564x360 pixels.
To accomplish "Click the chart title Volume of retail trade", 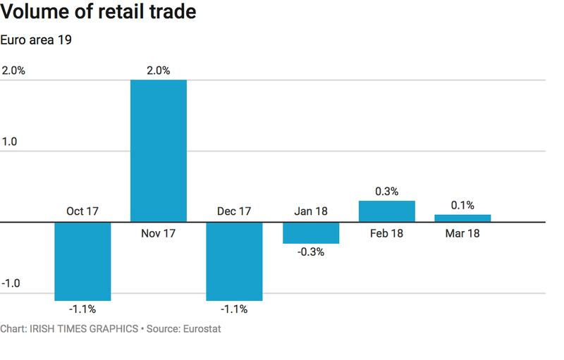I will (99, 12).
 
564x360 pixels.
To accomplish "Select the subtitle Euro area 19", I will (37, 39).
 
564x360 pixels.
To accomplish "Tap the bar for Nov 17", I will (159, 151).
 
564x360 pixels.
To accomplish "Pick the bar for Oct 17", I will (82, 261).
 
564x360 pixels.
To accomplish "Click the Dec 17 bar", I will (234, 261).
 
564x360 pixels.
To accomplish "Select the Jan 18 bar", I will (311, 232).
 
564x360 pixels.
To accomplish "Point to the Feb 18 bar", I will (386, 211).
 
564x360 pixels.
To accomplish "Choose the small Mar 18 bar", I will (462, 218).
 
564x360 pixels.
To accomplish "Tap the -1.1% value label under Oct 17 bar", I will (82, 309).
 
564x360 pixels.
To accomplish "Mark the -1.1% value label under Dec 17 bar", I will (234, 309).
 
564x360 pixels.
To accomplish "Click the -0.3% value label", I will (311, 252).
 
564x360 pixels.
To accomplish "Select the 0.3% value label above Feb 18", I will (386, 191).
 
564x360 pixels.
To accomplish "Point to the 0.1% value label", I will (462, 205).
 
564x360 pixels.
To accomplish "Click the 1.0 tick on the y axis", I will (11, 141).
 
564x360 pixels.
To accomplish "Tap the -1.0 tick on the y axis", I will (12, 283).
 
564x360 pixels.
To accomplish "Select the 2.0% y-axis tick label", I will (13, 70).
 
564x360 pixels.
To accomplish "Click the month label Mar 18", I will (462, 232).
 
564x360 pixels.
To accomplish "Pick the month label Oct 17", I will (82, 211).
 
